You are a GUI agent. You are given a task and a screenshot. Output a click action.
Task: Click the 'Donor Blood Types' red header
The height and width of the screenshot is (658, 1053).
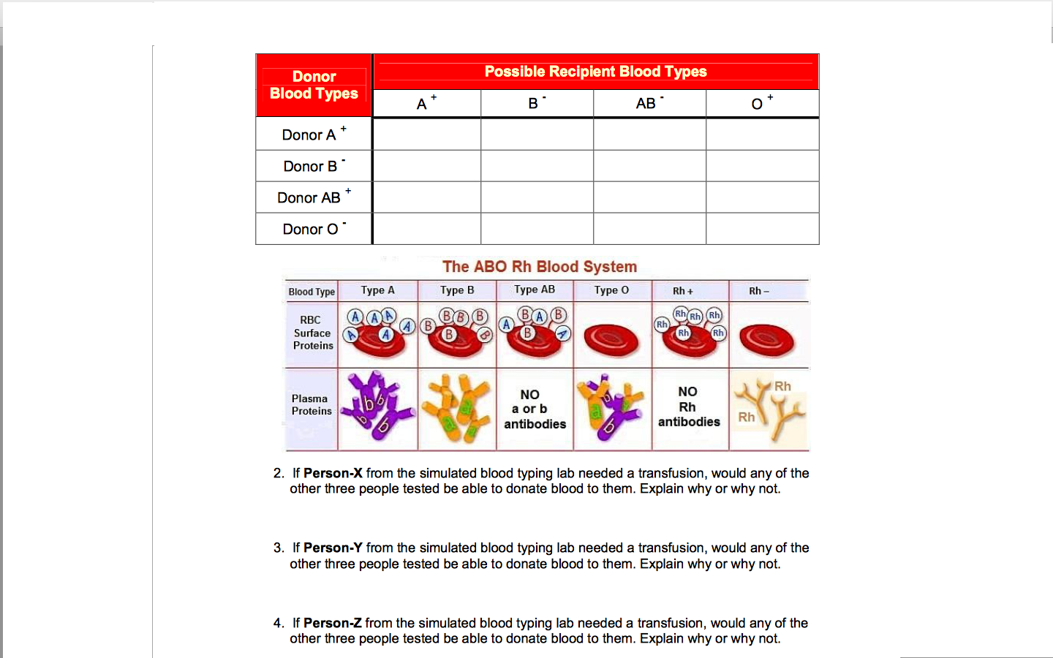click(x=314, y=85)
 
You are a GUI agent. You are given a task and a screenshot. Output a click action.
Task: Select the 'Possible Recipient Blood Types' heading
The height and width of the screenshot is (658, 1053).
click(x=595, y=72)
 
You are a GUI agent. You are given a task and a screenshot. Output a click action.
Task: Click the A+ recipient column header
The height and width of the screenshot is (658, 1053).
click(x=426, y=103)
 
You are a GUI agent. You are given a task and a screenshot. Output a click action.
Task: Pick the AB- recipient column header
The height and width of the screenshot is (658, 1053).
click(x=649, y=103)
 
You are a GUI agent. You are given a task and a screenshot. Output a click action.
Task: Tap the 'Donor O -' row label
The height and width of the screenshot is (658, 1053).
click(x=314, y=229)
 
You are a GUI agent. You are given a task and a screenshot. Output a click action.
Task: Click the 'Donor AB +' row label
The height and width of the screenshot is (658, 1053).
click(x=314, y=197)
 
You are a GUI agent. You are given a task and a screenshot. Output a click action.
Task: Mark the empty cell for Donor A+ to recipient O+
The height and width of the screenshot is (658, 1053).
click(x=762, y=135)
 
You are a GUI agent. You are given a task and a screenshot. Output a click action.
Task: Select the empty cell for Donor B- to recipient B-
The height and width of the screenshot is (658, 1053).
click(x=537, y=166)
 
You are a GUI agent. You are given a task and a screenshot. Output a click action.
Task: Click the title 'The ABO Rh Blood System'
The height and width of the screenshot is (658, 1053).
click(x=540, y=267)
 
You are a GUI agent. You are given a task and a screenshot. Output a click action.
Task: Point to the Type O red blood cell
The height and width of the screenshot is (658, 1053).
click(x=611, y=340)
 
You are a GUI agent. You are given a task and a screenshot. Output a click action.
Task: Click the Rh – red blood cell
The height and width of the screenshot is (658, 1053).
click(x=766, y=340)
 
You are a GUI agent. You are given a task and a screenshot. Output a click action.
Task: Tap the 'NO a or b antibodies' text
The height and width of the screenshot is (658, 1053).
click(x=535, y=409)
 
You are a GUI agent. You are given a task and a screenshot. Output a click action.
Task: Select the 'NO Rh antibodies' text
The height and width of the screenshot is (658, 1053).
click(x=689, y=407)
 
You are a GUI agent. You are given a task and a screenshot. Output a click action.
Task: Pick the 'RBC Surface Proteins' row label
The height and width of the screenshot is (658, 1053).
click(x=312, y=333)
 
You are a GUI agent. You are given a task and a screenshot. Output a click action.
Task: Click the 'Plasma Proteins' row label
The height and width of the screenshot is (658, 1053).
click(x=312, y=405)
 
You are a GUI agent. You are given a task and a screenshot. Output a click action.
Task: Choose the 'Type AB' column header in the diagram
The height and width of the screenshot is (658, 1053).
click(x=535, y=290)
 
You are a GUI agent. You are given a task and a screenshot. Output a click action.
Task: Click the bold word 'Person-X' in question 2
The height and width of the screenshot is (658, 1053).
click(x=333, y=473)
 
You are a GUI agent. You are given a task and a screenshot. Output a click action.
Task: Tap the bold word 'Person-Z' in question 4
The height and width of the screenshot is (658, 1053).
click(x=332, y=623)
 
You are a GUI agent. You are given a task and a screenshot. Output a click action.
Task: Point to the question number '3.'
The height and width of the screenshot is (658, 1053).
click(x=279, y=548)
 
